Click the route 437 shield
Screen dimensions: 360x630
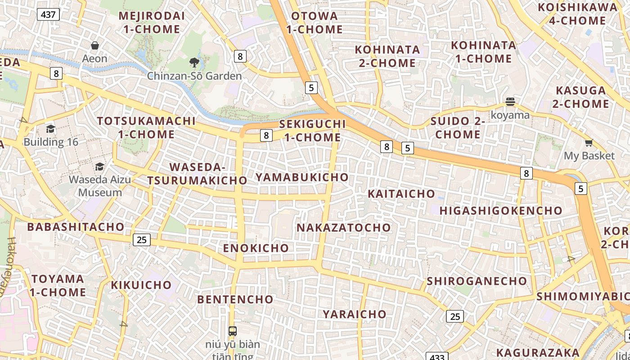pos(48,14)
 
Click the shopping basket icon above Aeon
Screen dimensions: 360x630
pos(95,45)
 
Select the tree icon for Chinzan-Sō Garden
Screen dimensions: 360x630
pos(194,63)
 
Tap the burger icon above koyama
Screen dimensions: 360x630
pos(510,102)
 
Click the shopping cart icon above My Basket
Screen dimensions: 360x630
pos(589,143)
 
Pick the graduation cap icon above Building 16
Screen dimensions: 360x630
pos(50,129)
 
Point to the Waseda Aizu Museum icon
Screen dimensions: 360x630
pos(99,166)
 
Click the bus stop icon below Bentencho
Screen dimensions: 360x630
pos(232,331)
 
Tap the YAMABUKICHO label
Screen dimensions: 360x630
pos(302,177)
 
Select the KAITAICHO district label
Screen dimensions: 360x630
pos(401,194)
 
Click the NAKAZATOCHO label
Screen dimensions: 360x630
pos(344,228)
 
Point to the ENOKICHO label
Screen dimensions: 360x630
pos(256,248)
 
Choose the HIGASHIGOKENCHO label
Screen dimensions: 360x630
pos(501,211)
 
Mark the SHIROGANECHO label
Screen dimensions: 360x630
pos(477,281)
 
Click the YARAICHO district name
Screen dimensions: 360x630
pos(355,314)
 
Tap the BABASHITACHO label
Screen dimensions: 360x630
pos(76,227)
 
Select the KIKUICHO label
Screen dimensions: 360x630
pos(141,285)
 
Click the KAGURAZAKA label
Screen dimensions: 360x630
pos(538,352)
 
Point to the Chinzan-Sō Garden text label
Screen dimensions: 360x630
pos(194,76)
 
